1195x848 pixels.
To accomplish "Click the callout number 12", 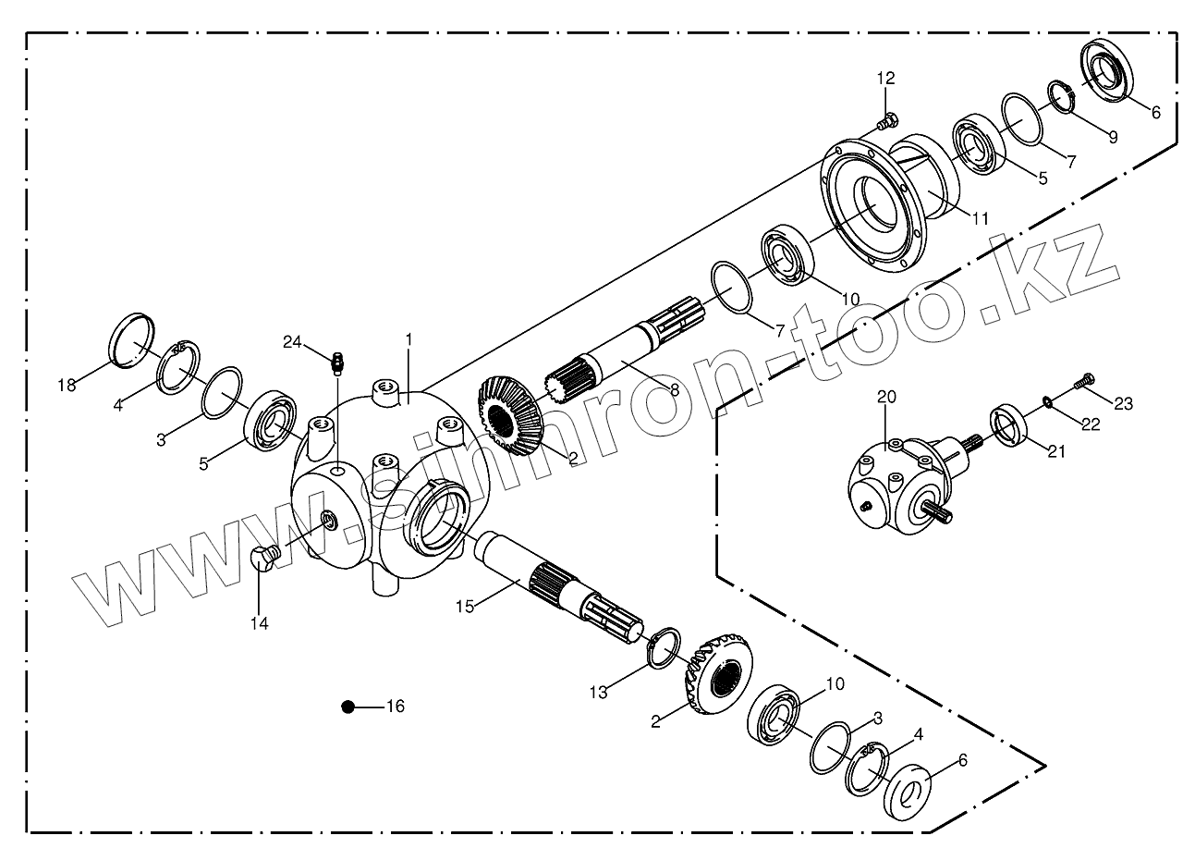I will [886, 78].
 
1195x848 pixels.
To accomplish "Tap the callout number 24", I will [292, 342].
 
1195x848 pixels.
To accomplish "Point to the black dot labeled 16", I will [348, 707].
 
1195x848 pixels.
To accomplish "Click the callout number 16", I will [395, 707].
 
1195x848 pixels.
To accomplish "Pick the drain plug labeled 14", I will [265, 559].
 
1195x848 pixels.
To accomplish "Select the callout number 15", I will [465, 606].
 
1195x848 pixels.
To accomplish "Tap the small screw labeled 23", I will [1085, 378].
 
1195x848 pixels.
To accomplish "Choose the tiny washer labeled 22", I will [1045, 400].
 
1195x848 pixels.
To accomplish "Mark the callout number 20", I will [886, 397].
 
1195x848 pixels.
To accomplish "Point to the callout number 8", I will [675, 391].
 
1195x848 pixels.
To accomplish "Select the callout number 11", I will [980, 219].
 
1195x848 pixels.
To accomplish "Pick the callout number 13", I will [599, 692].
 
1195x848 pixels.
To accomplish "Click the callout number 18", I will [66, 386].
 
